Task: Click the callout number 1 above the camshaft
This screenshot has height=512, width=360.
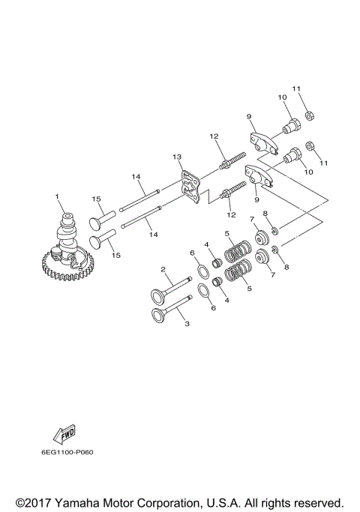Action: [55, 197]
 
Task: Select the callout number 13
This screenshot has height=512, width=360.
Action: [177, 157]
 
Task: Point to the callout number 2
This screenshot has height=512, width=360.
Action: [162, 270]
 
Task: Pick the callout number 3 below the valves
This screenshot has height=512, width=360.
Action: [187, 325]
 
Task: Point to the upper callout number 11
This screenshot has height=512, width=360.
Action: [295, 89]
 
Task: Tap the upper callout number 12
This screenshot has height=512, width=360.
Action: [214, 136]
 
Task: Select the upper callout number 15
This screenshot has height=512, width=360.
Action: [96, 199]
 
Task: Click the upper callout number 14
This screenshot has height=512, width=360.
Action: [136, 177]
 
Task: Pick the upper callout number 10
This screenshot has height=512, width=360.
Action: [283, 97]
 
